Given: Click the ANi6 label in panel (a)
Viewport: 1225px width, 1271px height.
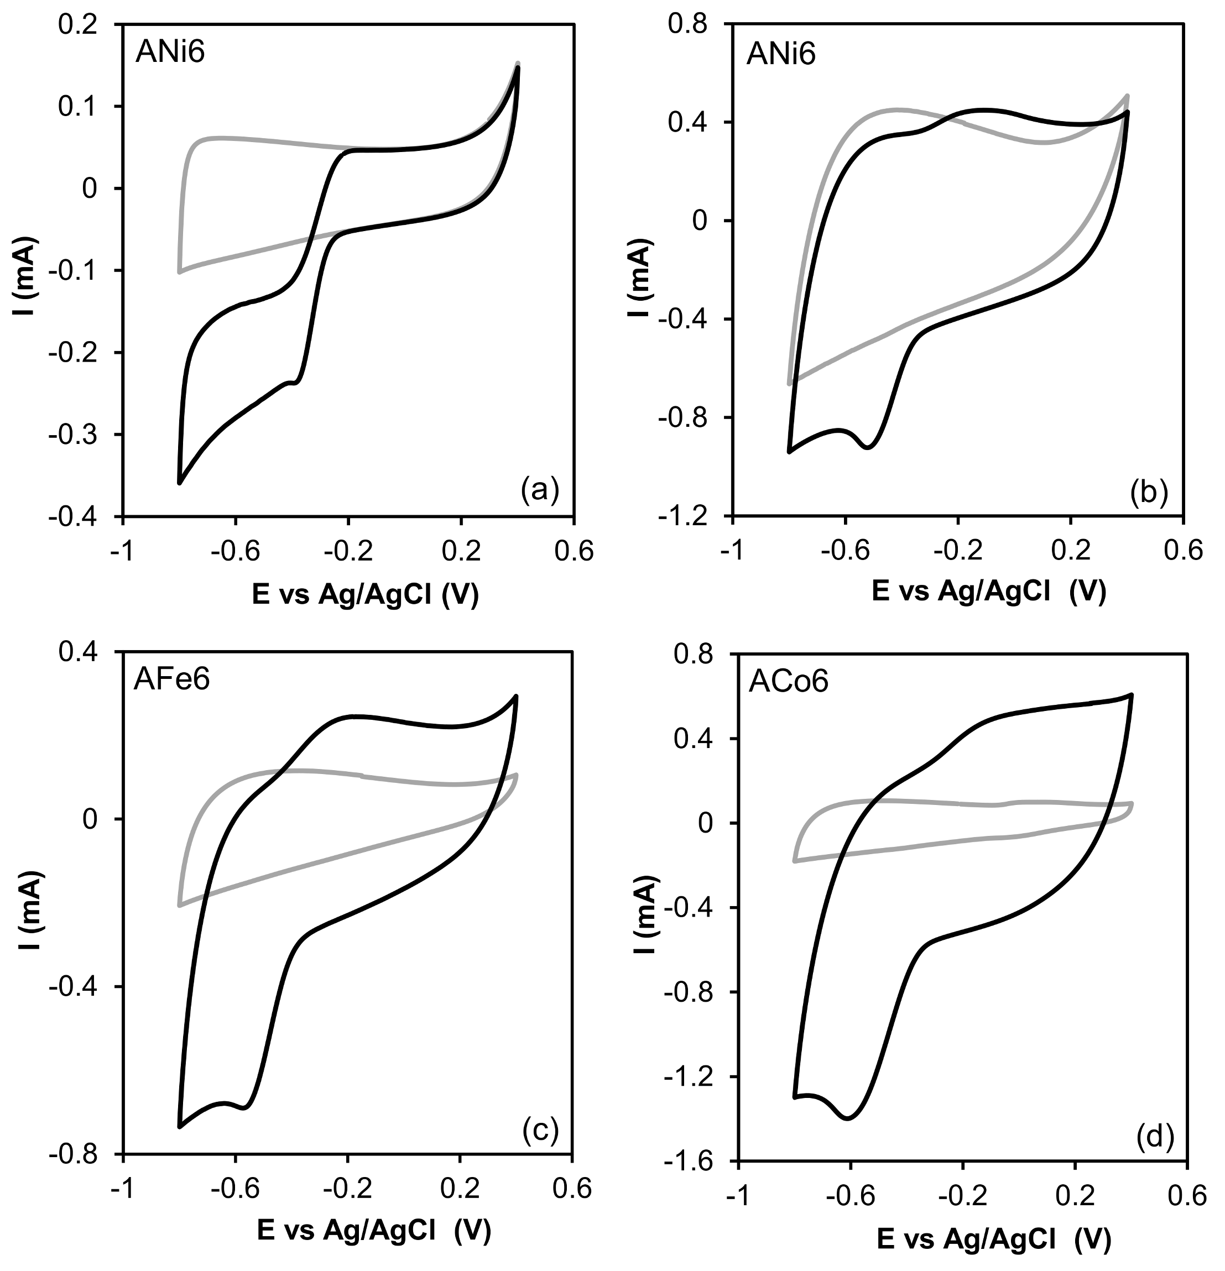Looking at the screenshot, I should [170, 52].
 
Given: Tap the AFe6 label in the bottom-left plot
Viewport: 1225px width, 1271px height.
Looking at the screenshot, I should [171, 679].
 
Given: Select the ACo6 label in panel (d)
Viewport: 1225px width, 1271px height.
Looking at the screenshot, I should [788, 682].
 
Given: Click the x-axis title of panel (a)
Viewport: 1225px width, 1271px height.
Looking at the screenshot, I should [364, 594].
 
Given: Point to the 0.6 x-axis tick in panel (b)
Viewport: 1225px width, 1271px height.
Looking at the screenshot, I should [1184, 551].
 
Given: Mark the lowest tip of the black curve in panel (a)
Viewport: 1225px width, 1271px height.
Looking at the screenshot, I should [179, 483].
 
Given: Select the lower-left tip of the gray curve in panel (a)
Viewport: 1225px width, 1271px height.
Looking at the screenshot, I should [179, 273].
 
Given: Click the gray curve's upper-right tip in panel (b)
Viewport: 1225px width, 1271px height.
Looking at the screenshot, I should [1127, 96].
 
